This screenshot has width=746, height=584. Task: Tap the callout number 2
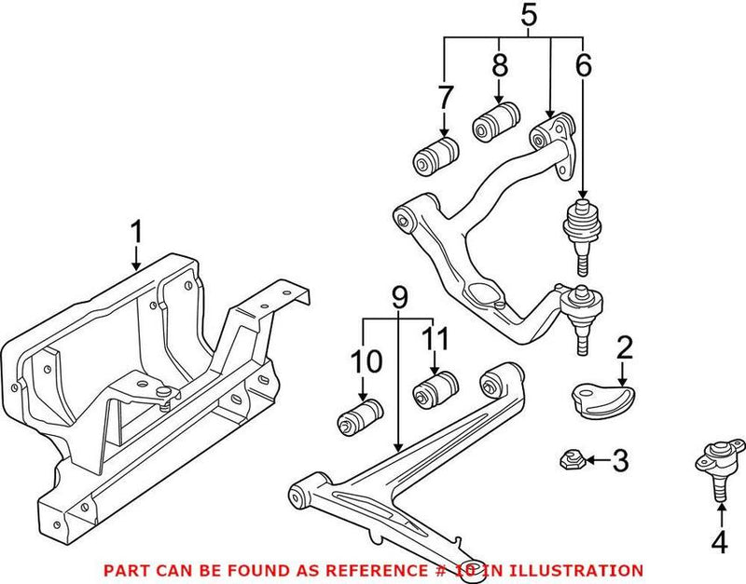coord(624,348)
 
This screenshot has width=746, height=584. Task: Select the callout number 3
coord(622,459)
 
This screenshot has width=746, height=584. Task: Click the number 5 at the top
coord(528,16)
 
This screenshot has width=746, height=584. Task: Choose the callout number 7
coord(445,98)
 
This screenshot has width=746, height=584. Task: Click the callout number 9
coord(400,298)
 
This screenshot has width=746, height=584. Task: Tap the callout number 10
coord(362,362)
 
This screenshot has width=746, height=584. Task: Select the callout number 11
coord(431,340)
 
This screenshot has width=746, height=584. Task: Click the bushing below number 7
coord(436,155)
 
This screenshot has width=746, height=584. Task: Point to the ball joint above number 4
coord(717,467)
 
